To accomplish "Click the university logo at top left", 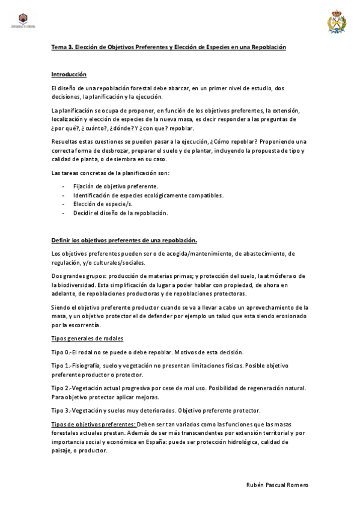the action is [23, 20].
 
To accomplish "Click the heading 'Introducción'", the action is [69, 75].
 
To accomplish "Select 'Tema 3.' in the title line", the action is [61, 47].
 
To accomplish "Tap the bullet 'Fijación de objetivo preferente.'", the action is [116, 186].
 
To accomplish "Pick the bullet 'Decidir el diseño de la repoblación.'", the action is [120, 213].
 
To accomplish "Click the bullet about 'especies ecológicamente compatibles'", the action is [148, 195].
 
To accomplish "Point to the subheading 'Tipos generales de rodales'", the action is [87, 339].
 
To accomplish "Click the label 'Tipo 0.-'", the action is [61, 352].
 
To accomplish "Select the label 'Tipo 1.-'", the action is [61, 366].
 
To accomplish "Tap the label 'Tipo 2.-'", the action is [61, 388].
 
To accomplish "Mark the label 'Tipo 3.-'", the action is [61, 410].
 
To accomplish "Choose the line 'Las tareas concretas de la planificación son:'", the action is [110, 173].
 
